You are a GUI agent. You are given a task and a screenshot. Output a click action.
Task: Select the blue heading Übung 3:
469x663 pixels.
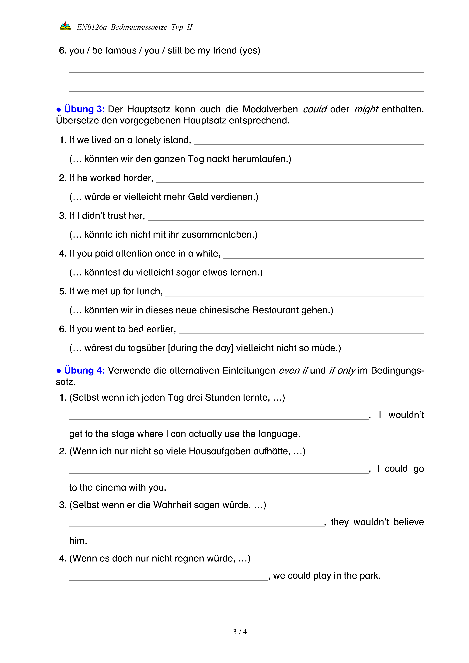(84, 109)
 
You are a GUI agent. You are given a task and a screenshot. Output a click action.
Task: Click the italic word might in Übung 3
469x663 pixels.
(366, 109)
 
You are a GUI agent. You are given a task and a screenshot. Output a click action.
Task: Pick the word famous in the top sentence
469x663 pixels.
(120, 50)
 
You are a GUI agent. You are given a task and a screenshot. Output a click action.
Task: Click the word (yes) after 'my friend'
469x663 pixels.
(250, 50)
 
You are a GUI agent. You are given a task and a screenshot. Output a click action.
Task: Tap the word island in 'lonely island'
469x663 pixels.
(177, 140)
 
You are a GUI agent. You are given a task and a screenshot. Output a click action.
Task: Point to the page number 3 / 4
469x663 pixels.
(240, 632)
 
